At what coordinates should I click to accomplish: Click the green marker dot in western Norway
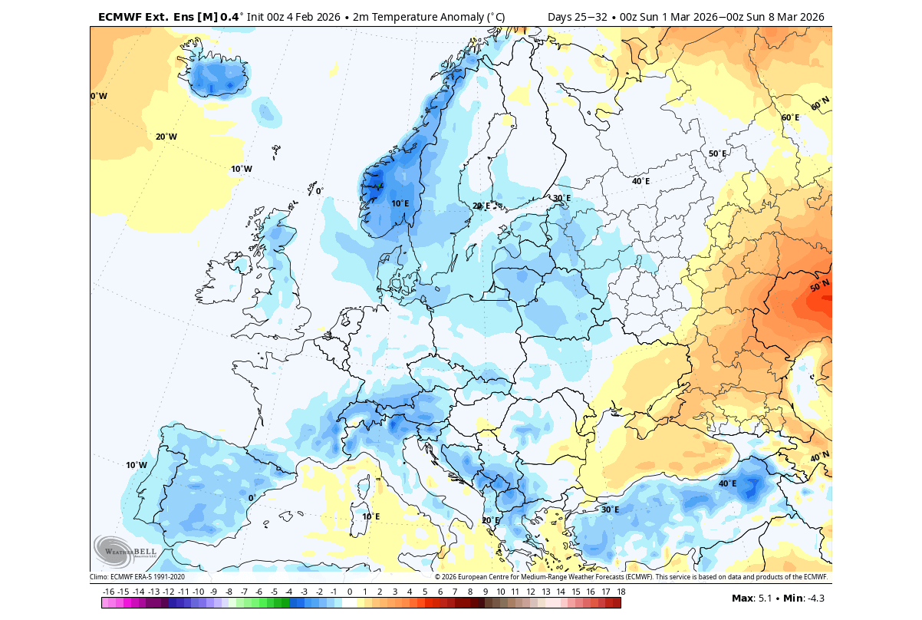click(x=379, y=185)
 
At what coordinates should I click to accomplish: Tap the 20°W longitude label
click(x=166, y=137)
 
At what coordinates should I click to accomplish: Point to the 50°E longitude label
click(x=717, y=153)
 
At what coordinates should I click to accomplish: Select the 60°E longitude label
click(x=790, y=117)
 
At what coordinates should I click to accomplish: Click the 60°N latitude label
click(x=820, y=103)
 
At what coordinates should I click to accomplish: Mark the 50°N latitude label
click(x=819, y=286)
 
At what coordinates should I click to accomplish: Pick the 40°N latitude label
click(x=819, y=457)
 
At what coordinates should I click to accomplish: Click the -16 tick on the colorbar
click(x=108, y=592)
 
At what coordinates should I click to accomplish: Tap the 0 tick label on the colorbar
click(x=349, y=592)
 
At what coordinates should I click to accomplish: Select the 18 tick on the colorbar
click(x=621, y=592)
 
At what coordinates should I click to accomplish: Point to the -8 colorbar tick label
click(x=229, y=592)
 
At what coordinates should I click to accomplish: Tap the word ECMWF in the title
click(x=117, y=16)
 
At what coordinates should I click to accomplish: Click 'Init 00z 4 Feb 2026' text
click(x=295, y=16)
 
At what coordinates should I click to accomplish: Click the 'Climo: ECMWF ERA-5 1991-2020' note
click(x=137, y=577)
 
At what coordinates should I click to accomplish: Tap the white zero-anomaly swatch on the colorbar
click(x=349, y=603)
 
